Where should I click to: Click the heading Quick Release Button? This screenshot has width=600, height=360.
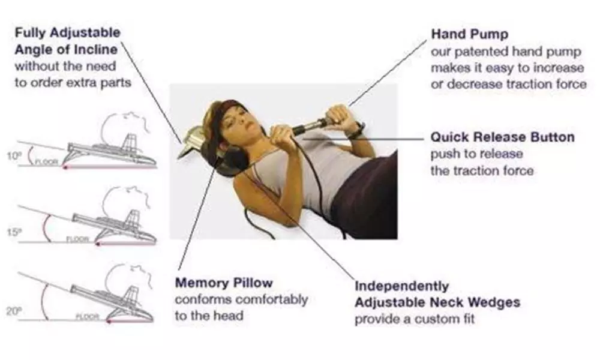(502, 137)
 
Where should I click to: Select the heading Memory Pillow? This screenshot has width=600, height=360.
(224, 282)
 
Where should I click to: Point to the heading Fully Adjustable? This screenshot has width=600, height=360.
(67, 32)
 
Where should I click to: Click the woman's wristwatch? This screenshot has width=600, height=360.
(358, 130)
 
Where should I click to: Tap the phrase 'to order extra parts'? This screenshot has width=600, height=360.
(73, 82)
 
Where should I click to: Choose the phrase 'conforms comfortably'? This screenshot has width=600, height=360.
(241, 299)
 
